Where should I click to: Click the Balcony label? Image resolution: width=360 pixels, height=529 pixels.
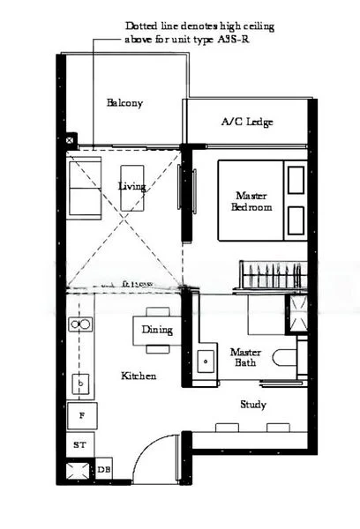124,103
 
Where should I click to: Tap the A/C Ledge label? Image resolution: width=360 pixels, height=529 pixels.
246,122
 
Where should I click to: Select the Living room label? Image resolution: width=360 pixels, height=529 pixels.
131,186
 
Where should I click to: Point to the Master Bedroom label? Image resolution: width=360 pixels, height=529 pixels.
251,201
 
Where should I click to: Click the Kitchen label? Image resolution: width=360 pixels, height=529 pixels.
139,376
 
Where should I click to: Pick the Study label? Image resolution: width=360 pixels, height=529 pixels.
253,405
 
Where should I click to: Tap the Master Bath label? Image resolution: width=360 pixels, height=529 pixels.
244,356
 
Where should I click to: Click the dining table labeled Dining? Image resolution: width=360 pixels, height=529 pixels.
157,330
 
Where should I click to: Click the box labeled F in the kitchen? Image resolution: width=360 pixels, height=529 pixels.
82,414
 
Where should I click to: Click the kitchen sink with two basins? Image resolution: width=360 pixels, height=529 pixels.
80,325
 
